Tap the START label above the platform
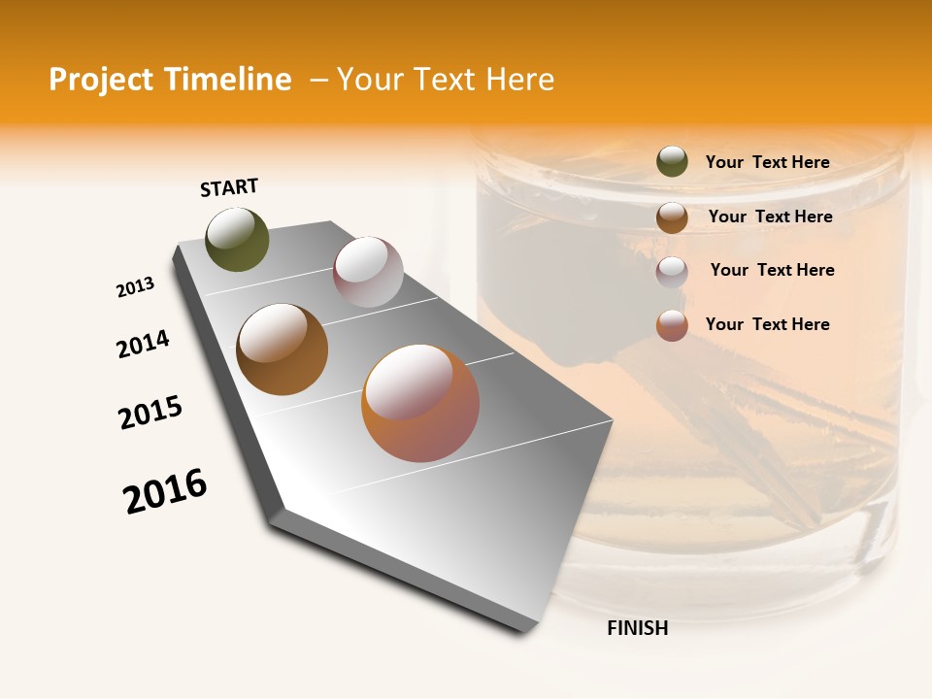(x=229, y=187)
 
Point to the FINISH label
(x=638, y=628)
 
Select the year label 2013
(x=135, y=287)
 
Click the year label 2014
(x=143, y=344)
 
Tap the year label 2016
(x=165, y=491)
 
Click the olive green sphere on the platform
(x=238, y=239)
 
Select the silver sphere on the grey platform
(x=368, y=272)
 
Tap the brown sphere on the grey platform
(x=283, y=349)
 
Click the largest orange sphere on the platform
(x=420, y=403)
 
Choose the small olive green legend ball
(x=672, y=162)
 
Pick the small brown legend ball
(x=672, y=217)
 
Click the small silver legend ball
(x=672, y=272)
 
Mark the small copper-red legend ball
(x=672, y=325)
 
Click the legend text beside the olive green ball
(x=767, y=162)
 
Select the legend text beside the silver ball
(x=772, y=270)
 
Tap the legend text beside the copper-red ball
(x=767, y=324)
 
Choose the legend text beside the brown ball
(x=770, y=216)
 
